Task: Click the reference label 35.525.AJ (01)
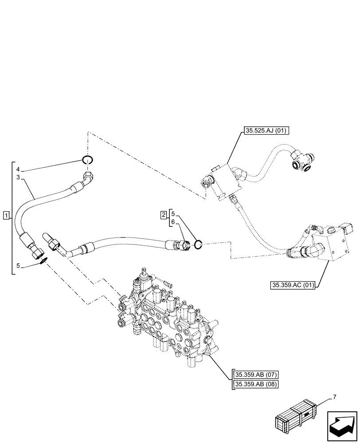266,131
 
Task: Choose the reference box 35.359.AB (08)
255,384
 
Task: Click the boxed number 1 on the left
6,216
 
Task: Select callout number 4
18,170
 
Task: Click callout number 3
18,177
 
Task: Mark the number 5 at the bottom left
18,267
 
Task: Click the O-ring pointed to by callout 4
88,160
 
